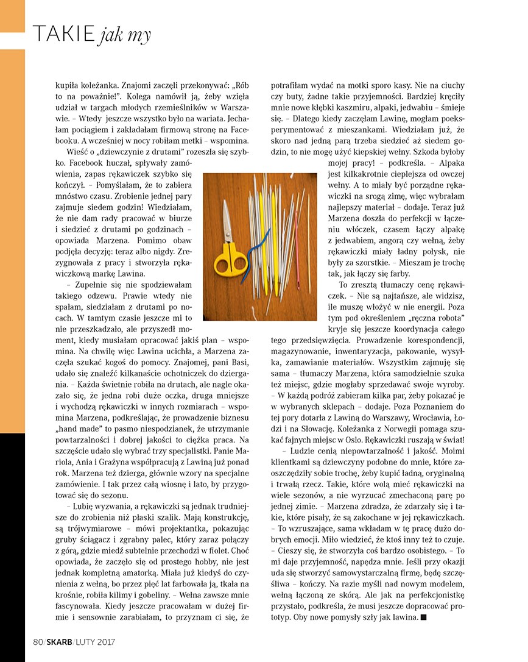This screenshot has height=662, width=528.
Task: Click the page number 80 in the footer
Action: [38, 641]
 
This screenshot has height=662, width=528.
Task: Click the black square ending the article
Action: [423, 618]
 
